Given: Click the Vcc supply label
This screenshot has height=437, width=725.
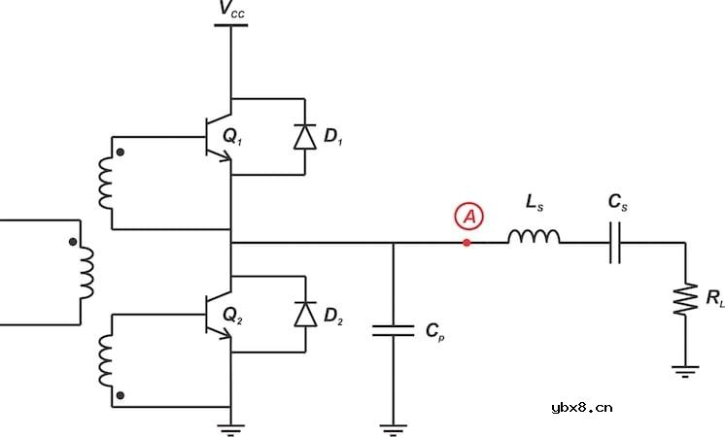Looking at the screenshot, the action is tap(232, 9).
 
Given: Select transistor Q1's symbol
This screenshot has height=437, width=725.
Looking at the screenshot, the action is tap(219, 137).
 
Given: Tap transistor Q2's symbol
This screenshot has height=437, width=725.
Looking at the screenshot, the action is tap(219, 315).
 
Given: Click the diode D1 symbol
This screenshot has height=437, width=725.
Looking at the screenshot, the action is tap(305, 137).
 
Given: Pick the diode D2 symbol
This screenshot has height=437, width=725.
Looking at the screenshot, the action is tap(305, 314).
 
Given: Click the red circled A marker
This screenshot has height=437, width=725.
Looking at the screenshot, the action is tap(468, 217).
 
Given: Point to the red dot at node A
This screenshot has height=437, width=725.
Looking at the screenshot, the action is tap(467, 243).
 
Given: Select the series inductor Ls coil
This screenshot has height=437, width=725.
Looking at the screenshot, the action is tap(534, 236).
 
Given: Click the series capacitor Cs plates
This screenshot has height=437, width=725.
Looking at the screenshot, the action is tap(615, 243).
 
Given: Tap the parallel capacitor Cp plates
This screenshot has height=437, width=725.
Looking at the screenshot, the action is tap(394, 330).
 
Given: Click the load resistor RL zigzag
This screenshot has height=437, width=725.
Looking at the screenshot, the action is tap(685, 299).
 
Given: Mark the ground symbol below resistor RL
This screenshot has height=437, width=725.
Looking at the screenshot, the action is tap(685, 372).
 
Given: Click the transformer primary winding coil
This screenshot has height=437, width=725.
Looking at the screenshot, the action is tap(86, 273).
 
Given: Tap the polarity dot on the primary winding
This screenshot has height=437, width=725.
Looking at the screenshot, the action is tap(73, 242).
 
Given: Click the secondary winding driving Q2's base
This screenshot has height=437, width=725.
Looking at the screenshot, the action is tap(105, 360).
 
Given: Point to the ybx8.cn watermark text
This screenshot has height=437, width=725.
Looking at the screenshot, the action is tap(582, 408).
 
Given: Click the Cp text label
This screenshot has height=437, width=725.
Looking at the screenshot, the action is tap(435, 331).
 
